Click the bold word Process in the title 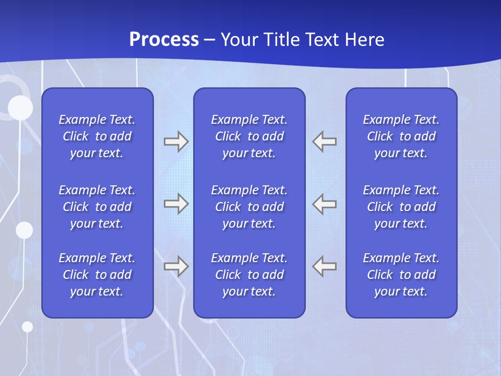pos(164,40)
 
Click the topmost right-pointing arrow pos(176,142)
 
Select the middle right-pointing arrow pos(176,204)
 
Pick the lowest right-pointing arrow pos(176,266)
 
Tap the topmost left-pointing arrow pos(325,142)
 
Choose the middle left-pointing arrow pos(325,204)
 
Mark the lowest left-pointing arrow pos(325,266)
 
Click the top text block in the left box pos(97,136)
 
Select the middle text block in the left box pos(97,207)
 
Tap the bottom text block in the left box pos(97,275)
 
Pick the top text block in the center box pos(249,136)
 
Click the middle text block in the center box pos(249,207)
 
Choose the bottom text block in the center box pos(249,275)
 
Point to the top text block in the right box pos(401,136)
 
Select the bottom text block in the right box pos(401,275)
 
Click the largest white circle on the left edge pos(20,108)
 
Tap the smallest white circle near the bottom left pos(27,327)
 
